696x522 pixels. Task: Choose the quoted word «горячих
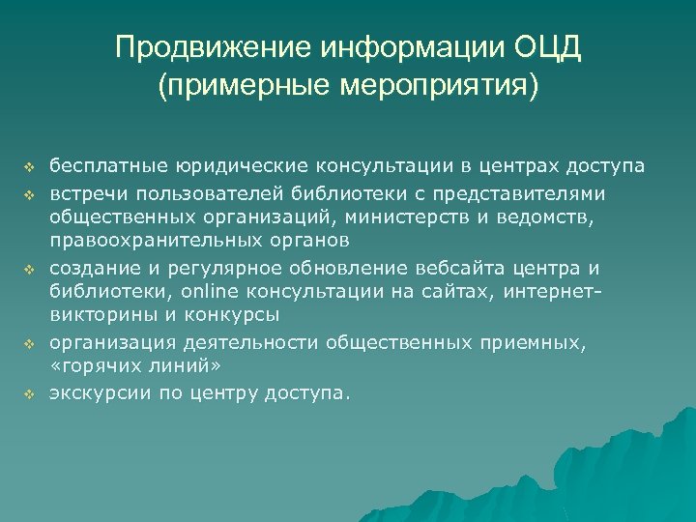[x=94, y=366]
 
